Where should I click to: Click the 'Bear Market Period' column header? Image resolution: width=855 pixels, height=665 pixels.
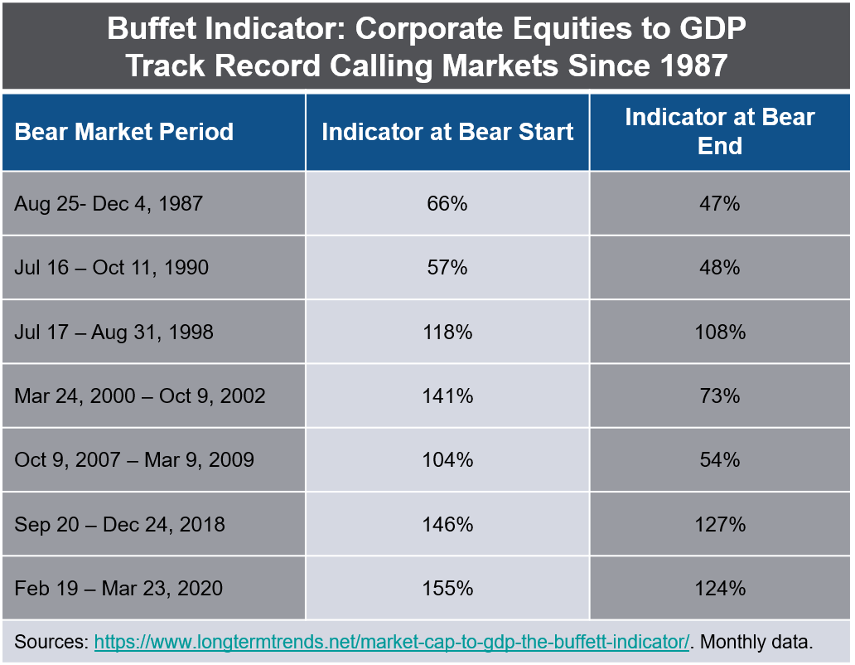[124, 132]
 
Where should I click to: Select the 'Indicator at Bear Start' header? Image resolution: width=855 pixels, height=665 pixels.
[447, 132]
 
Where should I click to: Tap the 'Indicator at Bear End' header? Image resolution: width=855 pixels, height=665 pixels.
[719, 131]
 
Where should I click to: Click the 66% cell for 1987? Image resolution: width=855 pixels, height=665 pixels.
[447, 203]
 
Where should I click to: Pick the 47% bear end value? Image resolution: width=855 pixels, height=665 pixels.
[719, 203]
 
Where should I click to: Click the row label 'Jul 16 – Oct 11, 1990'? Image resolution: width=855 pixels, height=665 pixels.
[112, 267]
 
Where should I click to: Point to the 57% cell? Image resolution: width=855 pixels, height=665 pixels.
[447, 267]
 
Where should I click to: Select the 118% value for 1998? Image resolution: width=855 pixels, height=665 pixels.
[447, 332]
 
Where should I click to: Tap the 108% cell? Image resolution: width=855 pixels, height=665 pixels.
[719, 332]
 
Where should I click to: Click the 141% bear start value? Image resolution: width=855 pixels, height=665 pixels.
[447, 396]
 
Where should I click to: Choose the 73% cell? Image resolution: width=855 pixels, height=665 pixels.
[719, 396]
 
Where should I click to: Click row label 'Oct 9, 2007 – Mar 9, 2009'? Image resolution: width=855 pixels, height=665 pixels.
[134, 460]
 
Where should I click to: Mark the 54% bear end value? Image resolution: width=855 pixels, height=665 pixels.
[719, 460]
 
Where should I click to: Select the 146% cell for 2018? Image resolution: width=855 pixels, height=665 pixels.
[447, 524]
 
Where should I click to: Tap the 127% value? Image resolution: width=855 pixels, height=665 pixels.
[719, 524]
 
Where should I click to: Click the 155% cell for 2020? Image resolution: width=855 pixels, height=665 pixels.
[447, 589]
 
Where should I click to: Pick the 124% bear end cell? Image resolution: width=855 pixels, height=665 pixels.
[719, 589]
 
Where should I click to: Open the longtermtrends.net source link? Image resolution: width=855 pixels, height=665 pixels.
[392, 642]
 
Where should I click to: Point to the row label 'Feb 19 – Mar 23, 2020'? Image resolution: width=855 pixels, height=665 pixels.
[118, 589]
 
